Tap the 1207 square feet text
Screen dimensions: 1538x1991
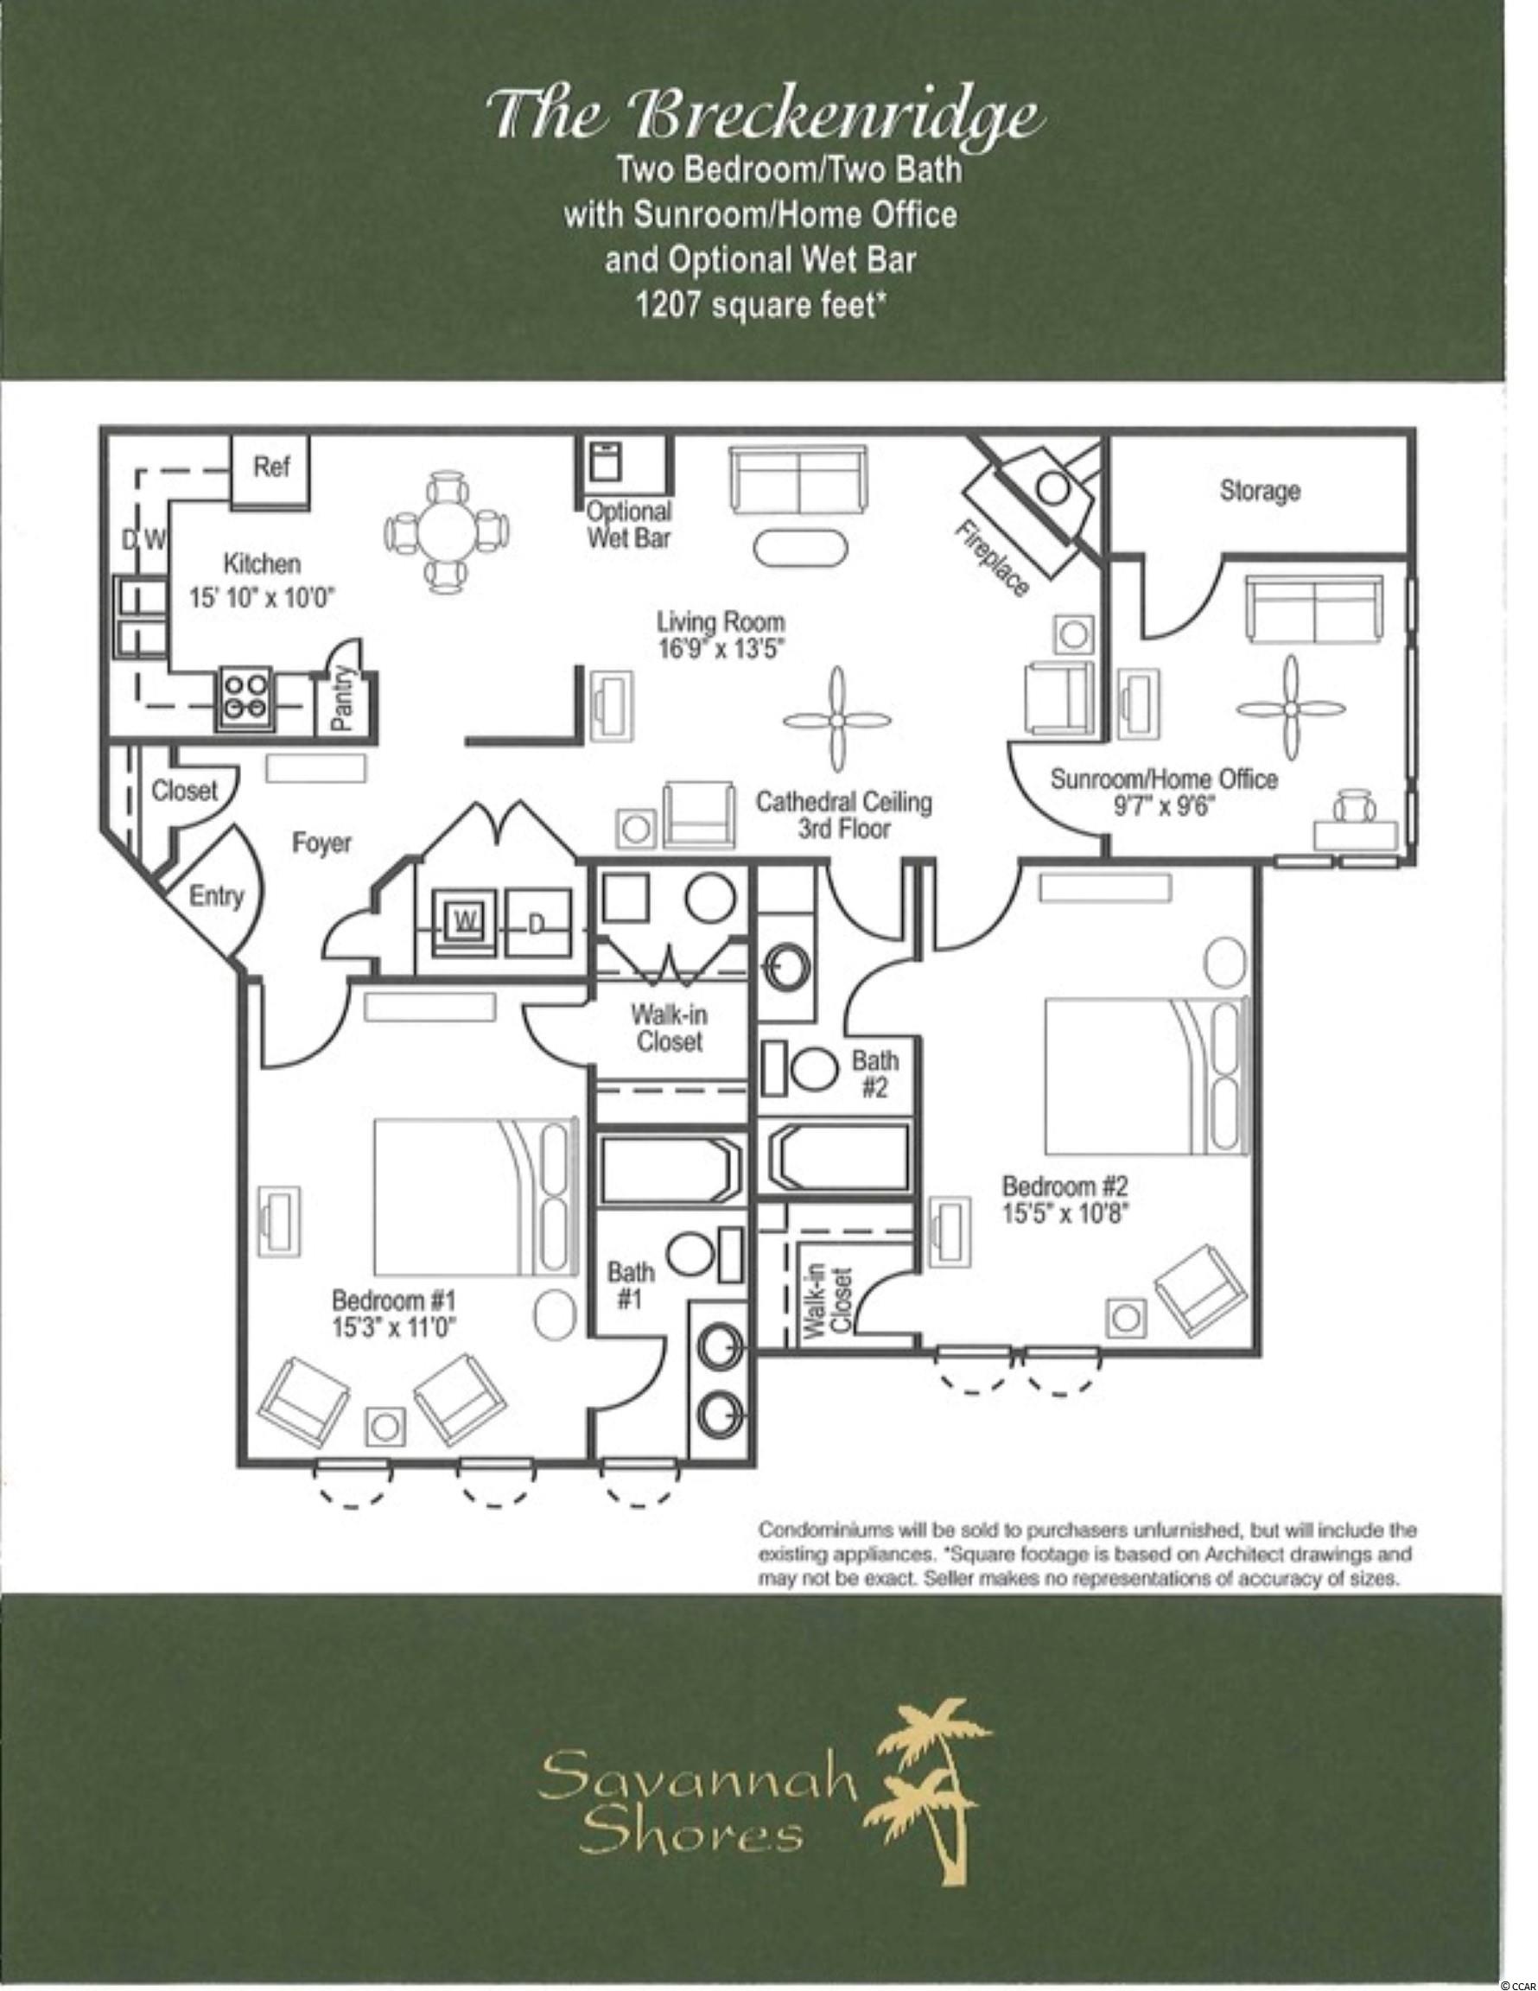pos(761,305)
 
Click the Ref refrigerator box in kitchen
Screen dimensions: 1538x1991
pos(270,471)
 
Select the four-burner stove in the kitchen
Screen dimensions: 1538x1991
pos(245,697)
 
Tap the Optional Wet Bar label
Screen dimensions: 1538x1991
pos(628,525)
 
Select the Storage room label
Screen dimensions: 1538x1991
pos(1260,492)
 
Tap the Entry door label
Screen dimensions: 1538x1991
pos(216,897)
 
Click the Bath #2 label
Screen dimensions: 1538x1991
pos(874,1074)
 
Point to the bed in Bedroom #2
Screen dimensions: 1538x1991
pos(1145,1077)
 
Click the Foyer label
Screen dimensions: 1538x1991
pos(321,843)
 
